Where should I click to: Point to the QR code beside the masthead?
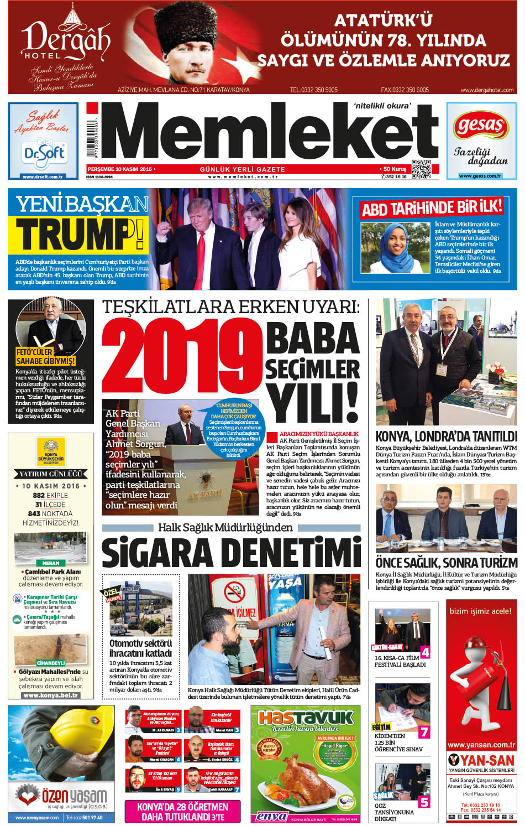point(421,169)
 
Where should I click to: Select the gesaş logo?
point(480,127)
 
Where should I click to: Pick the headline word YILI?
point(313,403)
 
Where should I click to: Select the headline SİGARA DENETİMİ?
point(231,553)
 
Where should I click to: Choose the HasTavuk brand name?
point(306,718)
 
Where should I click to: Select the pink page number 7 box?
point(424,732)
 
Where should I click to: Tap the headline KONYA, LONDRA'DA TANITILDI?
point(447,436)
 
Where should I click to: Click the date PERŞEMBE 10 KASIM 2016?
point(120,169)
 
